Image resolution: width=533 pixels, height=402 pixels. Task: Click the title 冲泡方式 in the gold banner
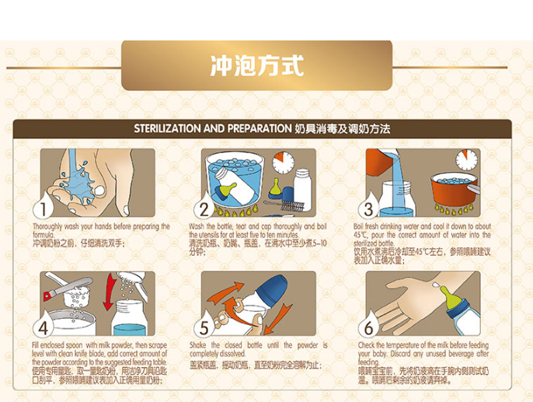click(x=256, y=64)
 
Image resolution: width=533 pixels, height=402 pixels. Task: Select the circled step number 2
click(x=204, y=208)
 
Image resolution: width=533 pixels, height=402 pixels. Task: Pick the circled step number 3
click(x=369, y=208)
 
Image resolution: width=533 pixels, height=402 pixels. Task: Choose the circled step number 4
click(x=44, y=327)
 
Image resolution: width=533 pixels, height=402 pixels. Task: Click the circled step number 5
click(x=204, y=327)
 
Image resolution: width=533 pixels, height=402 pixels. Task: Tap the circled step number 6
click(x=369, y=327)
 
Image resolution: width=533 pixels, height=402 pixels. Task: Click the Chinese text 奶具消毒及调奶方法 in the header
click(x=343, y=128)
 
